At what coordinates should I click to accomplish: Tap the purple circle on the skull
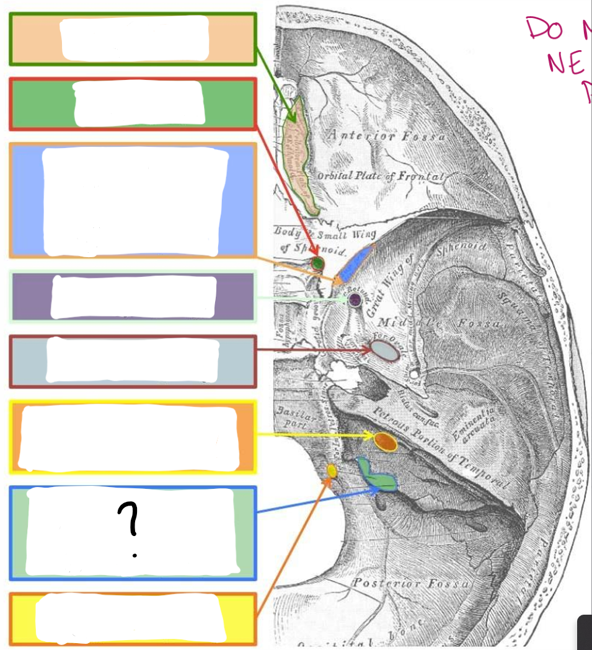click(x=355, y=301)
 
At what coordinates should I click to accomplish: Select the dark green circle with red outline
click(x=318, y=264)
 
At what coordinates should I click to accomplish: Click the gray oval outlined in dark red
click(x=385, y=351)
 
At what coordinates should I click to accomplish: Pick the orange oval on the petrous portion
click(x=386, y=441)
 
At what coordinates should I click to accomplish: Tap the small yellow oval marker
click(x=332, y=471)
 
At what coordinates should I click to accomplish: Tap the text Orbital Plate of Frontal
click(x=381, y=176)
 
